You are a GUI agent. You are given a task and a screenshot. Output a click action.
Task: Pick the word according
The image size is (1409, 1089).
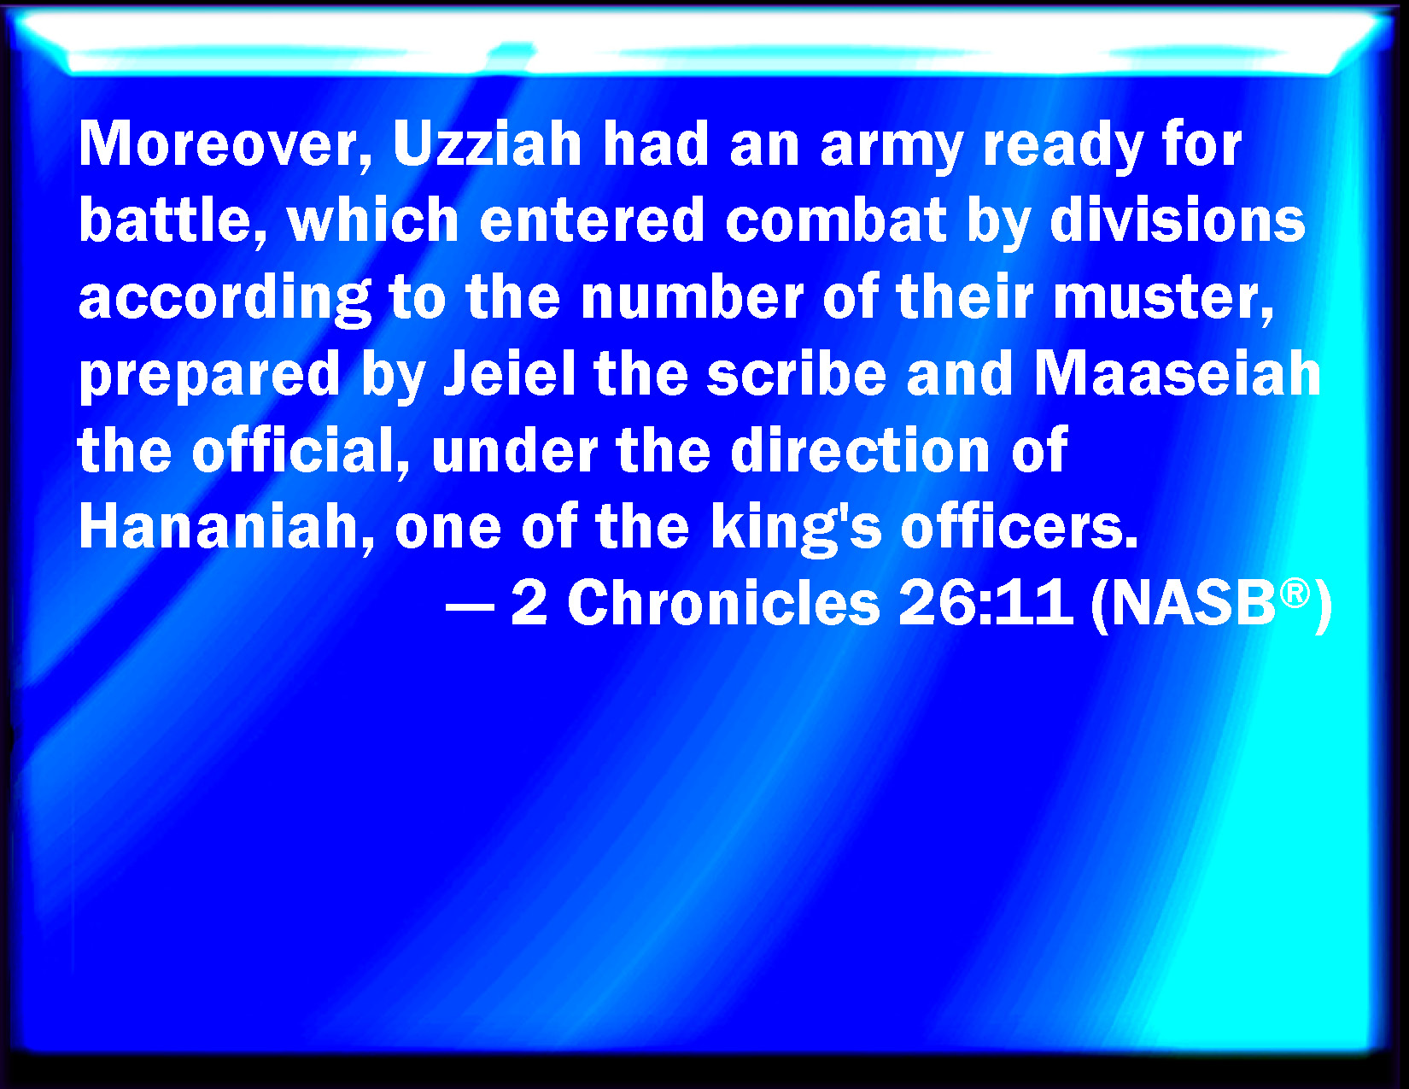225,300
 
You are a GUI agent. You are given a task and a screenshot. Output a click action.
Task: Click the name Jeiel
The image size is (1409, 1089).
510,373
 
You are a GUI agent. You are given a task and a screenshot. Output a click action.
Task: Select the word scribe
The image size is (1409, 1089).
796,373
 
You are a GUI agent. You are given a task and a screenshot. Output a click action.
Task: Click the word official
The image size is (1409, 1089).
301,450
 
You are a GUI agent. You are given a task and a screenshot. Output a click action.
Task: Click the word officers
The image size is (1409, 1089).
1020,527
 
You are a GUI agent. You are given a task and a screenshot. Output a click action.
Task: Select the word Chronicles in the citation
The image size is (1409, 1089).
723,602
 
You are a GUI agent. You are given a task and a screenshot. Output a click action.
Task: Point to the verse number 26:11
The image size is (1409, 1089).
986,602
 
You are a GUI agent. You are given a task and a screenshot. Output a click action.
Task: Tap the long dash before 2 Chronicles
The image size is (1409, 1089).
471,608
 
